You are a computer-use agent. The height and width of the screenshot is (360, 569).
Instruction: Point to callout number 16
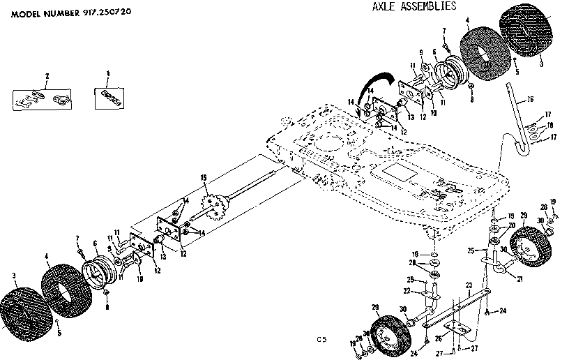tap(531, 100)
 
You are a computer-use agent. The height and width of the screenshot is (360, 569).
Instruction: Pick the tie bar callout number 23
tap(469, 285)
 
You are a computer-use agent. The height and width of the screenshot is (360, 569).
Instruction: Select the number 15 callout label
tap(204, 179)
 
